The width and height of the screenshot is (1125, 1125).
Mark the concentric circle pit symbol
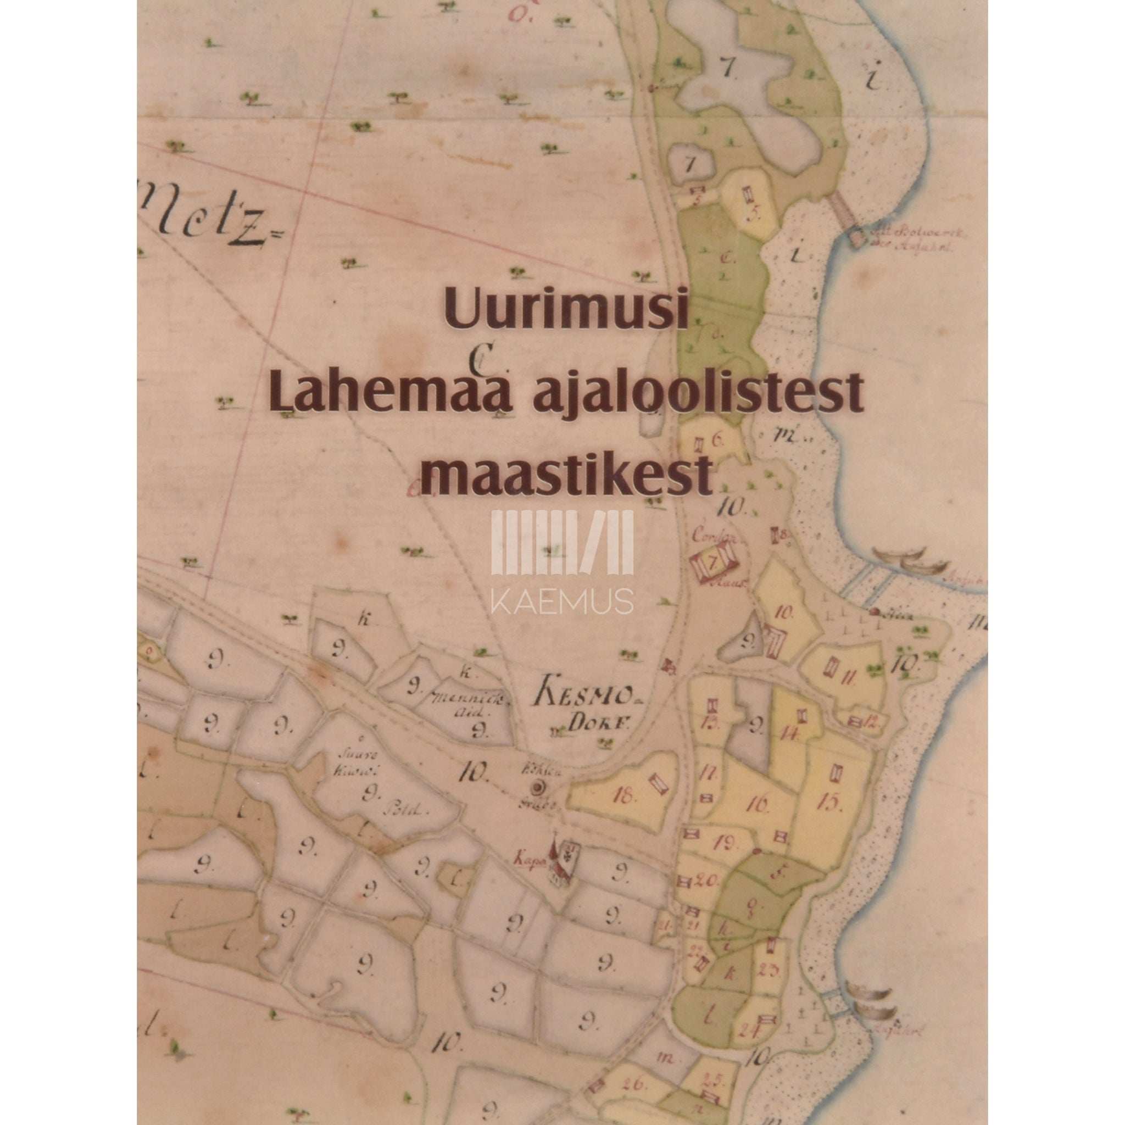(x=536, y=788)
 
